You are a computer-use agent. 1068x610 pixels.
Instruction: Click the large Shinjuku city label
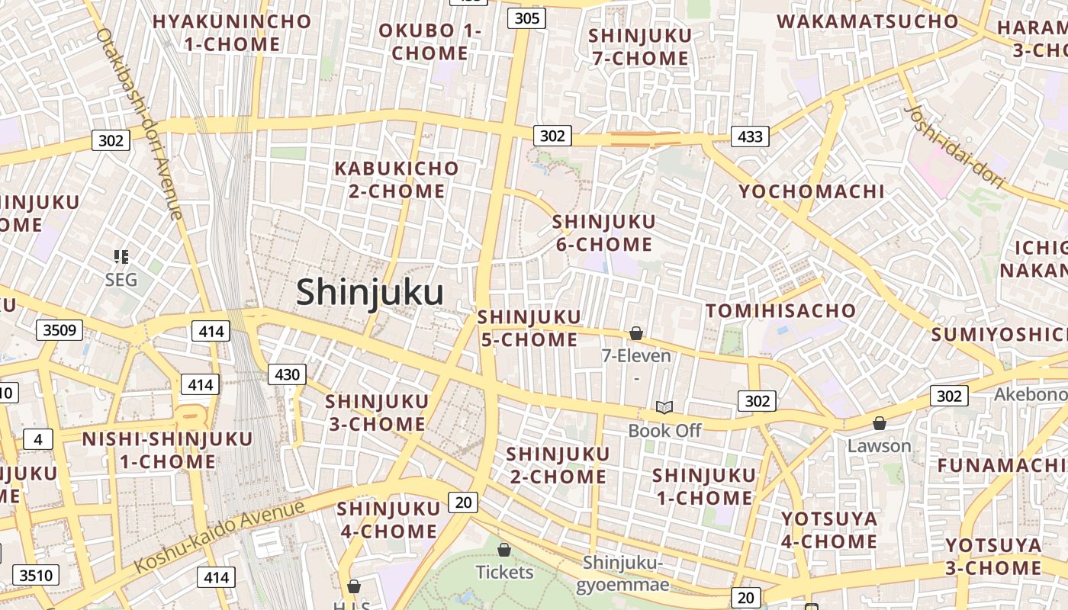370,293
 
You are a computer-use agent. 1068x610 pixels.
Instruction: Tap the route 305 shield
527,18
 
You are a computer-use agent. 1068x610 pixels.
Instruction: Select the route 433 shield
750,136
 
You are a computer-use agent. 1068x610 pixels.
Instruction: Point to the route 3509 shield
59,330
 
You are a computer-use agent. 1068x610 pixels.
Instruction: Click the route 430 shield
287,374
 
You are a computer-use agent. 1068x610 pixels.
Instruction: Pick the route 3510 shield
37,574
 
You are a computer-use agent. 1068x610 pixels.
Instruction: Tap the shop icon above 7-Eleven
636,333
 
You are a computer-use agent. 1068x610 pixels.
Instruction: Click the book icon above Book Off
664,408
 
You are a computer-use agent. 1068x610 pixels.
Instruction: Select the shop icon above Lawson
880,423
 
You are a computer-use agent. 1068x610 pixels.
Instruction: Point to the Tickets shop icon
504,550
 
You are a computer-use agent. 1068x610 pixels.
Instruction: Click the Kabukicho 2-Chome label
397,179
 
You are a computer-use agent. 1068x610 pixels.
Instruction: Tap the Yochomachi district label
812,191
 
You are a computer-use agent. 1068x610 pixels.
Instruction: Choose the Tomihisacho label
780,311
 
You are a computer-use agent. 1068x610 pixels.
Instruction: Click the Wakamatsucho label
867,21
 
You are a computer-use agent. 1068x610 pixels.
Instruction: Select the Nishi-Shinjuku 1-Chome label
167,450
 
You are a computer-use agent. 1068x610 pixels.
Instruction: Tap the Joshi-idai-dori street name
954,148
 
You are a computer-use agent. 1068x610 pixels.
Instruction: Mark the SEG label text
121,280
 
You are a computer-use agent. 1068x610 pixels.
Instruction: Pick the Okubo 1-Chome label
430,42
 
